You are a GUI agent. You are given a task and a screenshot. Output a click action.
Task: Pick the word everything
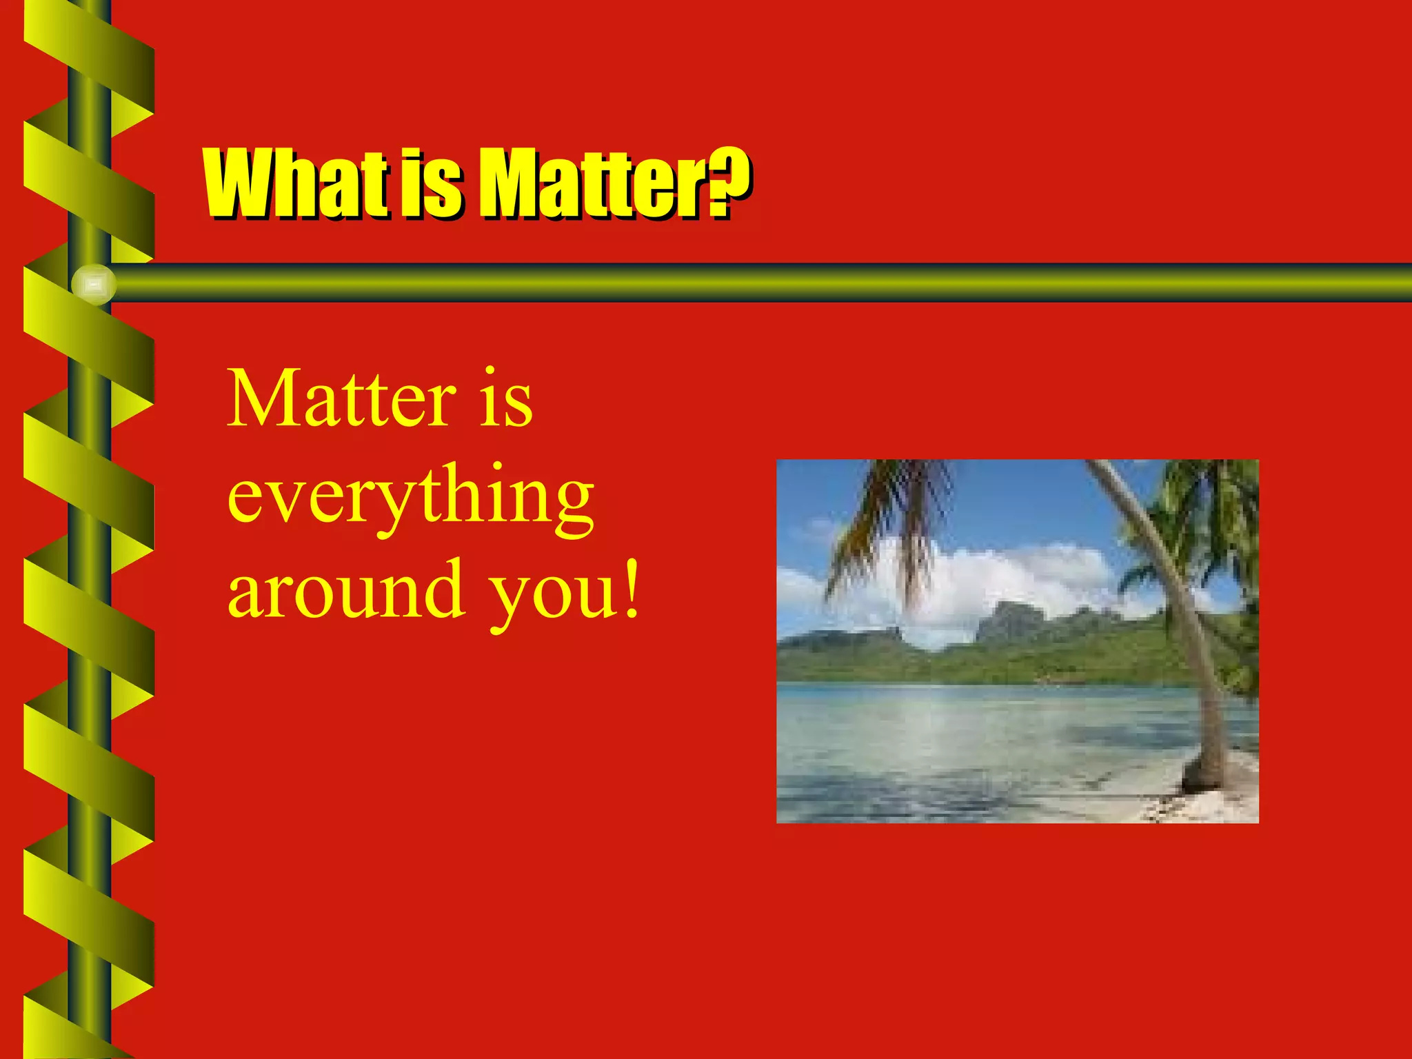(x=411, y=496)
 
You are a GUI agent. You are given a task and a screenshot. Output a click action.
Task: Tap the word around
(x=345, y=592)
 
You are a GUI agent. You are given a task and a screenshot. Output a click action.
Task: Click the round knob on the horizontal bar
(x=94, y=284)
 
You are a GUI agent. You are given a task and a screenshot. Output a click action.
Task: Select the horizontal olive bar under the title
(x=758, y=283)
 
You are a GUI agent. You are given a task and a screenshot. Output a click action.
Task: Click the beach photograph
(x=1018, y=641)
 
